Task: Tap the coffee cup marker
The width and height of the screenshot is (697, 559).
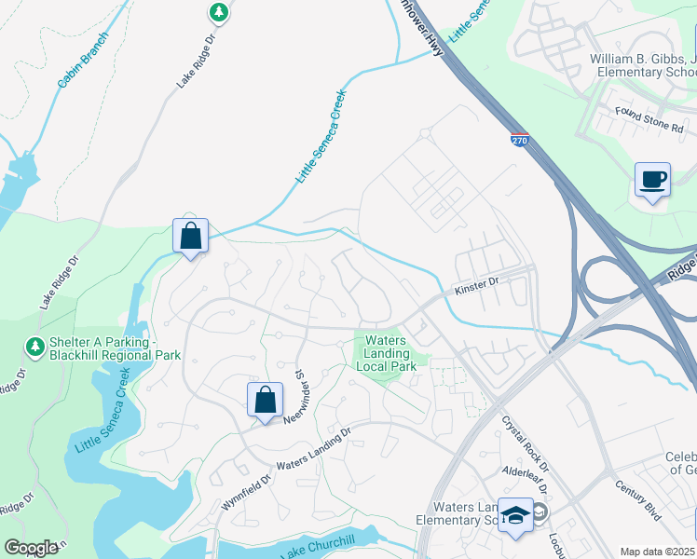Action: click(x=652, y=179)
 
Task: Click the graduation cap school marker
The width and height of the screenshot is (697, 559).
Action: click(x=514, y=515)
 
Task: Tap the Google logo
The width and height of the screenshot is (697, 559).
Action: click(x=31, y=548)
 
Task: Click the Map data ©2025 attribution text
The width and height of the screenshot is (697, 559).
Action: click(x=656, y=552)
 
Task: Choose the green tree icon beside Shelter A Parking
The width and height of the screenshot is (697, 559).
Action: click(x=35, y=348)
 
